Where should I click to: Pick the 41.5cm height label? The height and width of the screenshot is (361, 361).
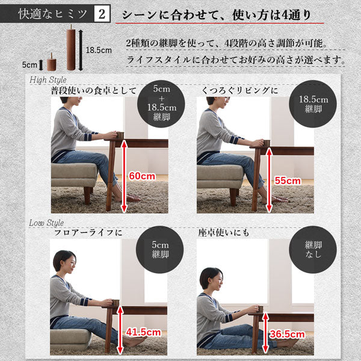pyautogui.click(x=143, y=332)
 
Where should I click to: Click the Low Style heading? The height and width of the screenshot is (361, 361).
pyautogui.click(x=46, y=223)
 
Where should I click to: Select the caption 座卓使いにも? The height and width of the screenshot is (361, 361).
pyautogui.click(x=223, y=232)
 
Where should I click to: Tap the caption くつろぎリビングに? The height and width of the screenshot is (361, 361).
pyautogui.click(x=241, y=91)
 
